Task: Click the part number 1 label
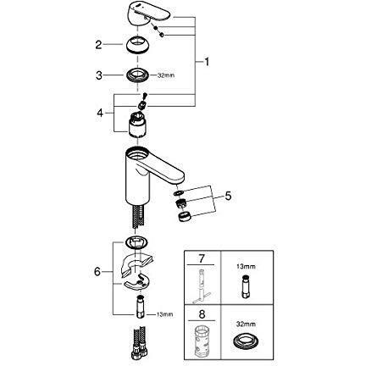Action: click(x=204, y=63)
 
